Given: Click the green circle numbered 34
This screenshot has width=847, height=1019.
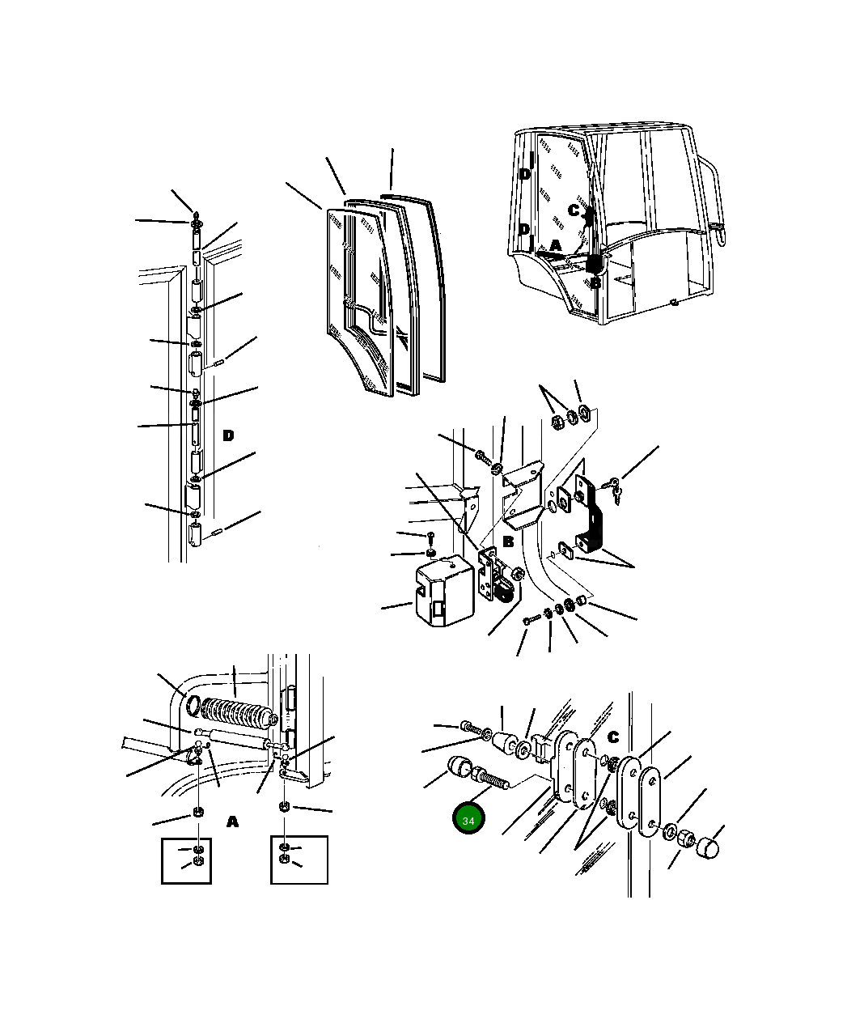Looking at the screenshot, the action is (468, 821).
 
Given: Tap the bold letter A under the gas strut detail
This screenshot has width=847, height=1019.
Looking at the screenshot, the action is (233, 822).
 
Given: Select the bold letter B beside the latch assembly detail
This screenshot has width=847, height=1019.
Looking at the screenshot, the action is (508, 541).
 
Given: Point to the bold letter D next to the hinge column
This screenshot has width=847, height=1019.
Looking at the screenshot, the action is (228, 435).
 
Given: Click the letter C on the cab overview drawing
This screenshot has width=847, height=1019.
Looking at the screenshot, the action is (574, 210).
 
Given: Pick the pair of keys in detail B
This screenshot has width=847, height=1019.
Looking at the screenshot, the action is (614, 490).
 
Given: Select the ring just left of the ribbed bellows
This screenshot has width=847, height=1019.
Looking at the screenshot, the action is (193, 706).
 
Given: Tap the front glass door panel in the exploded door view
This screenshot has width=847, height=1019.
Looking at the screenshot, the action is (360, 303).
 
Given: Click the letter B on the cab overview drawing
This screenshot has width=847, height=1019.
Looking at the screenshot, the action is (595, 282).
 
